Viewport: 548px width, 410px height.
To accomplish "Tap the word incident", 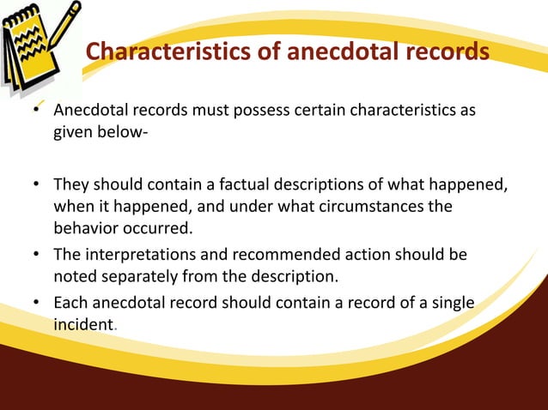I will (82, 326).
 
